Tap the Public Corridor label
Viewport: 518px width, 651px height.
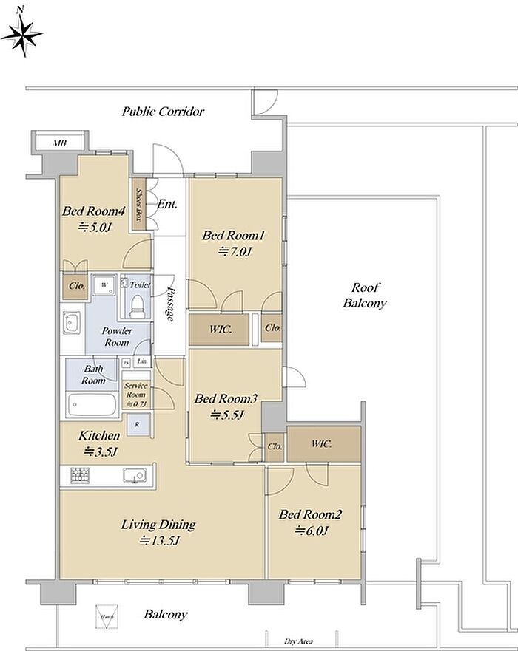pos(163,112)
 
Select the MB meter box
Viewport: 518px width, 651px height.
pos(58,143)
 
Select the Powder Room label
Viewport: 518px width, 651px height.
pos(117,336)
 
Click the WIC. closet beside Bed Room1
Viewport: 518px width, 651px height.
pos(220,329)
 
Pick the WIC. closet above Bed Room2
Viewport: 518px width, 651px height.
pos(323,444)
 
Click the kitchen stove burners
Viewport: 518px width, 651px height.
pos(80,475)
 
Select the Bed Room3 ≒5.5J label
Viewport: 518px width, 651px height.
pos(225,406)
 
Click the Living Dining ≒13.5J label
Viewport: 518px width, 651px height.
pos(158,532)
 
